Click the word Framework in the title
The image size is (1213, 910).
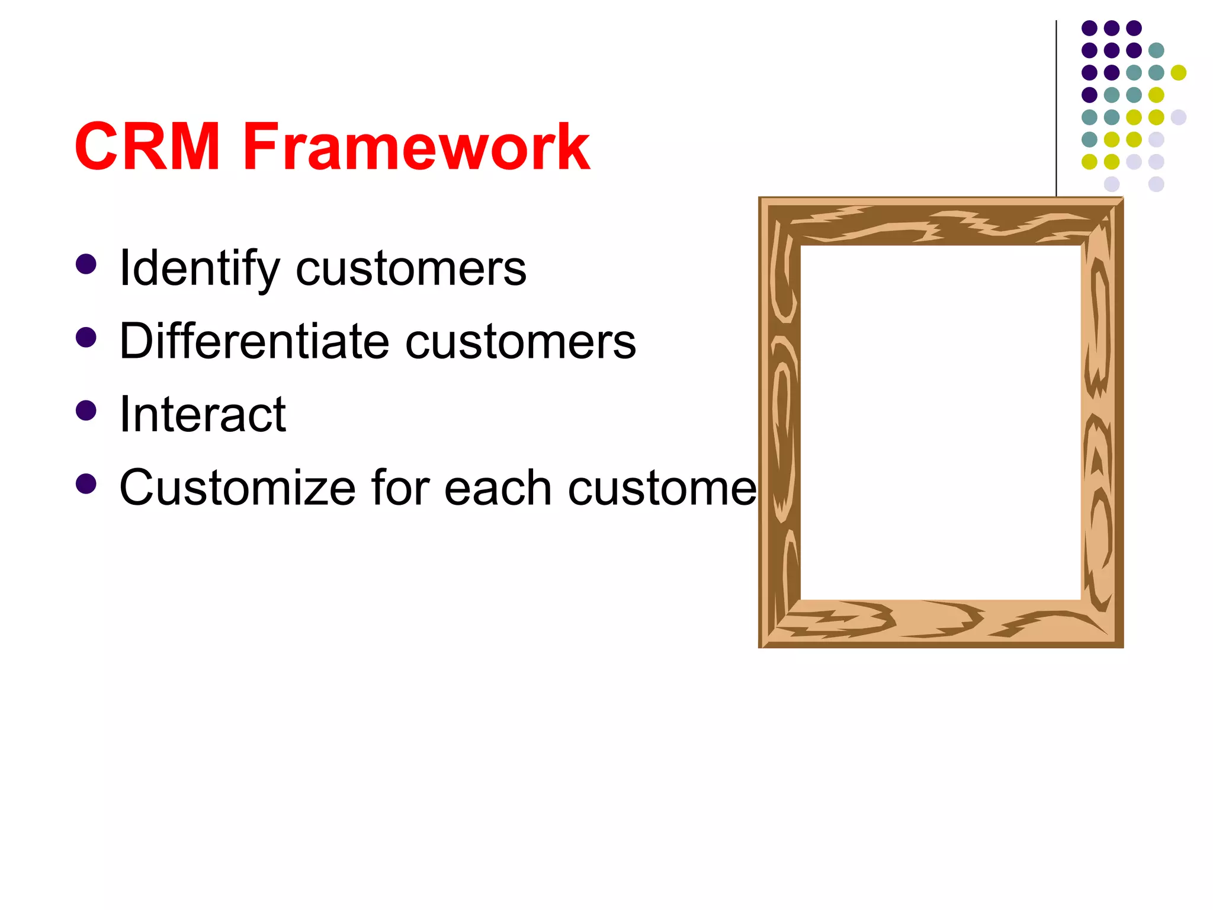416,146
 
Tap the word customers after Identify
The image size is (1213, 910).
410,269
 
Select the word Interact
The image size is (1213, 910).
203,415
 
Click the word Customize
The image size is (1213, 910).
237,488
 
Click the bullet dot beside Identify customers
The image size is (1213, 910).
86,264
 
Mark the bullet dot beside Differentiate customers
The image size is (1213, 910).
86,337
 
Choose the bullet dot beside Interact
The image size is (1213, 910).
86,410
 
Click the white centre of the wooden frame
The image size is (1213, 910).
941,422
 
